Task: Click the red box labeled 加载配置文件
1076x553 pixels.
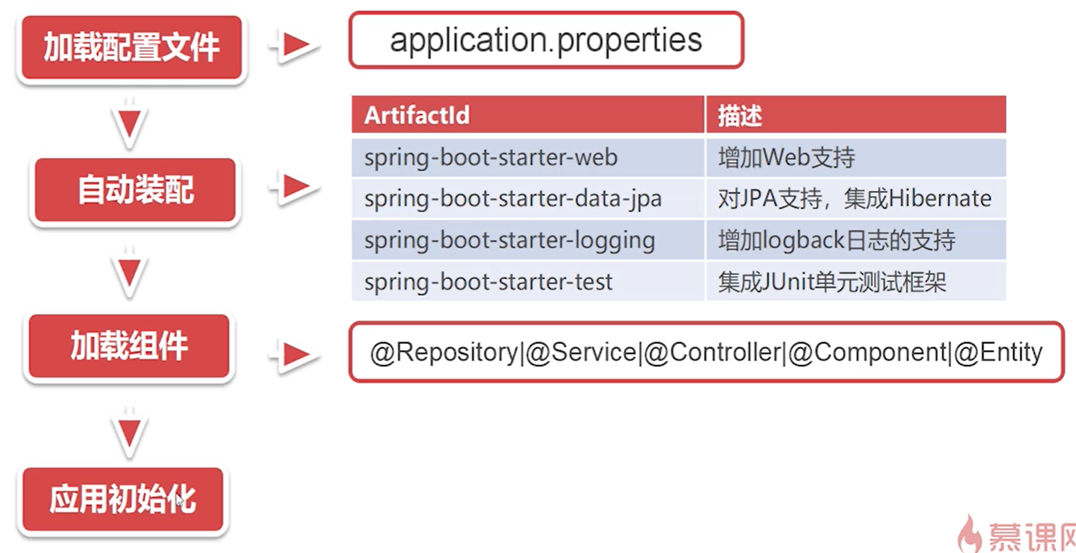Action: tap(131, 47)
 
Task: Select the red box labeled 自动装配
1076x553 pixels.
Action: tap(136, 190)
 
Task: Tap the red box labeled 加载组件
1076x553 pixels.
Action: tap(129, 345)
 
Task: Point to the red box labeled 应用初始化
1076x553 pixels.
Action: tap(123, 499)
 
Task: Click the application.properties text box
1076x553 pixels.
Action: tap(547, 40)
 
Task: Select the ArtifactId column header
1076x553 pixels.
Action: tap(528, 114)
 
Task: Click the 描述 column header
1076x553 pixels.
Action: tap(856, 114)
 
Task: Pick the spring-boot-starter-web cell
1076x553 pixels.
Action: tap(528, 158)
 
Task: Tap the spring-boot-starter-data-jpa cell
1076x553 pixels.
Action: tap(528, 198)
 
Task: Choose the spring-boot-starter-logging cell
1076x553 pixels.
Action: tap(528, 240)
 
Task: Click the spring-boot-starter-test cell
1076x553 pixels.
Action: tap(528, 281)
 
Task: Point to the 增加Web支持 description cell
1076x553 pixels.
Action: tap(856, 158)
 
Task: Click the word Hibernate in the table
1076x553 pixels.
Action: tap(940, 198)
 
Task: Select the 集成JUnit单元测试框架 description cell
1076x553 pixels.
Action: tap(856, 281)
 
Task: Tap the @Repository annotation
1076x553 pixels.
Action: tap(444, 353)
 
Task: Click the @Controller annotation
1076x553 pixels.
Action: tap(712, 353)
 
